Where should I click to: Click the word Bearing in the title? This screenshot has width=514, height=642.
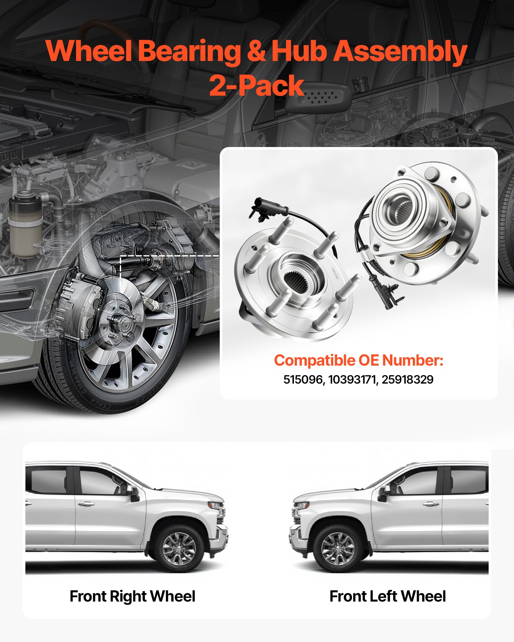click(x=189, y=51)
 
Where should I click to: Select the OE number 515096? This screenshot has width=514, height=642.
click(x=303, y=379)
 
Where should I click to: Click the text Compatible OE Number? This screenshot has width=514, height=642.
click(x=359, y=360)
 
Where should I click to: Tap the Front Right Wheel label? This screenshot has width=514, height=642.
click(x=132, y=596)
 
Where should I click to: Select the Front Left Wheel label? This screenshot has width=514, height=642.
click(x=388, y=596)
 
